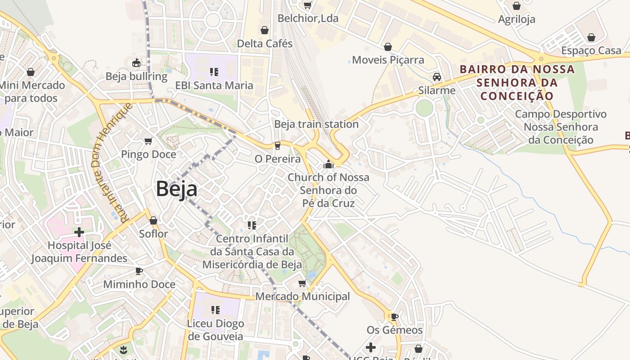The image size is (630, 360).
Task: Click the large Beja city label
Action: (x=176, y=189)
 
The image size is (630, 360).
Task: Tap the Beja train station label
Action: (x=316, y=124)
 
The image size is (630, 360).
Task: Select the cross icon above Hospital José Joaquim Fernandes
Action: (x=79, y=232)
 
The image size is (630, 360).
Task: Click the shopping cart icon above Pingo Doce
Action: (x=148, y=141)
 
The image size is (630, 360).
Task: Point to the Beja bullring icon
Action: (x=136, y=63)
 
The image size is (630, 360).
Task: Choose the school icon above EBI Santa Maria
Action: (x=214, y=72)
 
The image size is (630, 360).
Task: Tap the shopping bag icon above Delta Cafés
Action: (x=265, y=30)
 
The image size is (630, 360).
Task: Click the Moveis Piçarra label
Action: (x=388, y=60)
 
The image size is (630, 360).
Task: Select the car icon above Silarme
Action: (x=436, y=77)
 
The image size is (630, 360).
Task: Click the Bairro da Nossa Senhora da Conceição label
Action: (x=517, y=82)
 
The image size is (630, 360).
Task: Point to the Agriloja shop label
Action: (x=517, y=19)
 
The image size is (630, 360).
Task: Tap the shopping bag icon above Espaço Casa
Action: (x=591, y=37)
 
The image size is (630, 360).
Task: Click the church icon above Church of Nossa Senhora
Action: (x=328, y=164)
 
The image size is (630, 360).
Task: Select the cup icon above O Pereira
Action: (x=278, y=145)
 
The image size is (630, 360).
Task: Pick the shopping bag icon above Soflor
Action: (x=153, y=220)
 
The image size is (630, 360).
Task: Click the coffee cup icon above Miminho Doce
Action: (x=139, y=271)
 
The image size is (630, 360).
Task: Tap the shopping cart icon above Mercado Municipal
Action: (x=302, y=283)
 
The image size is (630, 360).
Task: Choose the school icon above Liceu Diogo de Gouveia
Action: (x=216, y=310)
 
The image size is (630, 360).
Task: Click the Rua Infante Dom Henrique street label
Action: (x=111, y=162)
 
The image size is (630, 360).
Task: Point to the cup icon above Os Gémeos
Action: (x=395, y=317)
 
